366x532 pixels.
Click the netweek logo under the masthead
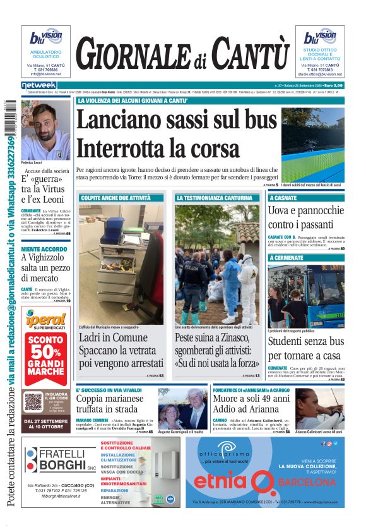pyautogui.click(x=38, y=85)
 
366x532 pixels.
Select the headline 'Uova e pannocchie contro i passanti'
pyautogui.click(x=305, y=217)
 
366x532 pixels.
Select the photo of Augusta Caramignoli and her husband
pyautogui.click(x=182, y=408)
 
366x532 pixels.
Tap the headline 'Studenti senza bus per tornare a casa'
pyautogui.click(x=305, y=349)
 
